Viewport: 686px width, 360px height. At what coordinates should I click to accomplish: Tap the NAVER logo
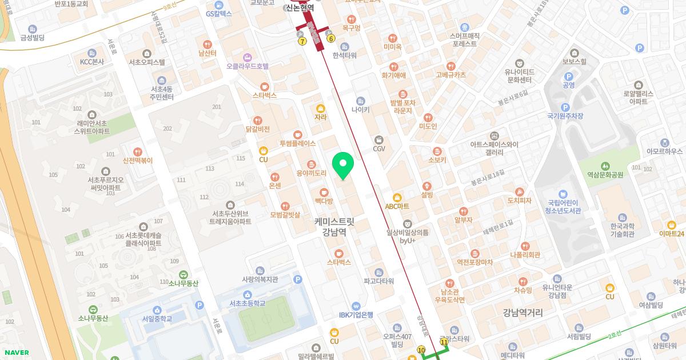[15, 353]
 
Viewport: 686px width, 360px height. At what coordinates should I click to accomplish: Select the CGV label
[379, 149]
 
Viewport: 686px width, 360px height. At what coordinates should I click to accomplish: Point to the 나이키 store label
[360, 109]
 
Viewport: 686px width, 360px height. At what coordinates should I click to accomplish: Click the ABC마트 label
[397, 206]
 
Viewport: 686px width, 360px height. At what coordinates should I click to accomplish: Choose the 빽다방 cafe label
[324, 201]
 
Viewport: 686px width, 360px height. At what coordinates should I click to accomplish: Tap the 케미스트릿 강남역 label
[334, 226]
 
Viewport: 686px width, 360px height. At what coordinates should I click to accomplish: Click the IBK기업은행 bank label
[356, 314]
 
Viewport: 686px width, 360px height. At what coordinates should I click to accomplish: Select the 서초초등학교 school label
[247, 303]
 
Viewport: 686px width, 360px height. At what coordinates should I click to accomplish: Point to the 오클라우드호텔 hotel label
[247, 66]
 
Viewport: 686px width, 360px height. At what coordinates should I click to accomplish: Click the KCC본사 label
[91, 61]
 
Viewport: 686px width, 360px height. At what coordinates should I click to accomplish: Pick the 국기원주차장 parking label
[565, 115]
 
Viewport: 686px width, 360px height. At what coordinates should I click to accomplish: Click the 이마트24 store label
[671, 233]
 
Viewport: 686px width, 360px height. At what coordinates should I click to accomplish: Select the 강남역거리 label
[523, 313]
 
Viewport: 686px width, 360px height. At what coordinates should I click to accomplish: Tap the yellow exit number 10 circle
[421, 350]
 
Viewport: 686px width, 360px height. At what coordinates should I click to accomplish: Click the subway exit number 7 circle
[302, 42]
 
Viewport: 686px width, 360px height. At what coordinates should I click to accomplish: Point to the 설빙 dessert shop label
[427, 194]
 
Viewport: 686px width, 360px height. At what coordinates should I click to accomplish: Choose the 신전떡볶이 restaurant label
[138, 160]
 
